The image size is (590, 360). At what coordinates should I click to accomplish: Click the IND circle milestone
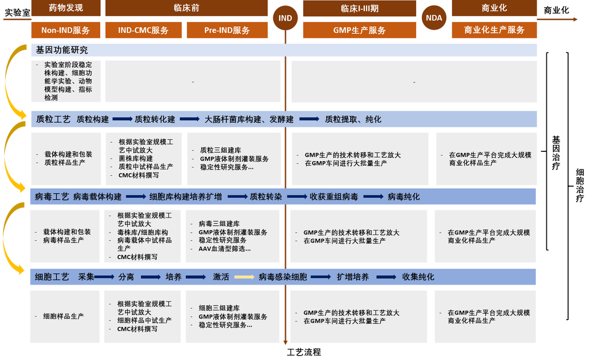[285, 18]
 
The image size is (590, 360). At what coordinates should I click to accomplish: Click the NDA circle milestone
[434, 18]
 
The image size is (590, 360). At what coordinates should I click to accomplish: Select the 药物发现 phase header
[66, 8]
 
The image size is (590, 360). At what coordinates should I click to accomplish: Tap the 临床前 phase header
[185, 8]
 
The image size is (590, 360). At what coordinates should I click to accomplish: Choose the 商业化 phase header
[494, 8]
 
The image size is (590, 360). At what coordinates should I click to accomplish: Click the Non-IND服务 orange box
[66, 31]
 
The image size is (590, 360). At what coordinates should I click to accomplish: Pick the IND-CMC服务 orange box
[144, 31]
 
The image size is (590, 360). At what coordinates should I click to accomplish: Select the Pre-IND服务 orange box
[227, 31]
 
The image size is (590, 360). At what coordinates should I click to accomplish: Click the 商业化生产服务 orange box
[494, 31]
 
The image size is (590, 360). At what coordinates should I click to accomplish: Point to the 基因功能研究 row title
[62, 50]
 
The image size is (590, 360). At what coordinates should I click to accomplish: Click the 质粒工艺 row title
[53, 119]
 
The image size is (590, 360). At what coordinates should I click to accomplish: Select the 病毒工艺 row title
[52, 197]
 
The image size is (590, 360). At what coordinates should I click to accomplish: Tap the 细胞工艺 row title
[52, 277]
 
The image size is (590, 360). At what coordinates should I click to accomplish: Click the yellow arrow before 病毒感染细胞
[244, 277]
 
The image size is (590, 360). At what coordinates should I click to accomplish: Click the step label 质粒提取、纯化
[353, 119]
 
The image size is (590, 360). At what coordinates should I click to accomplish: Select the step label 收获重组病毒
[334, 197]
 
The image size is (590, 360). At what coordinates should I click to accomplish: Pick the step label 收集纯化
[418, 277]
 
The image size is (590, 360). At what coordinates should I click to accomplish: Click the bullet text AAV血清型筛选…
[224, 249]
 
